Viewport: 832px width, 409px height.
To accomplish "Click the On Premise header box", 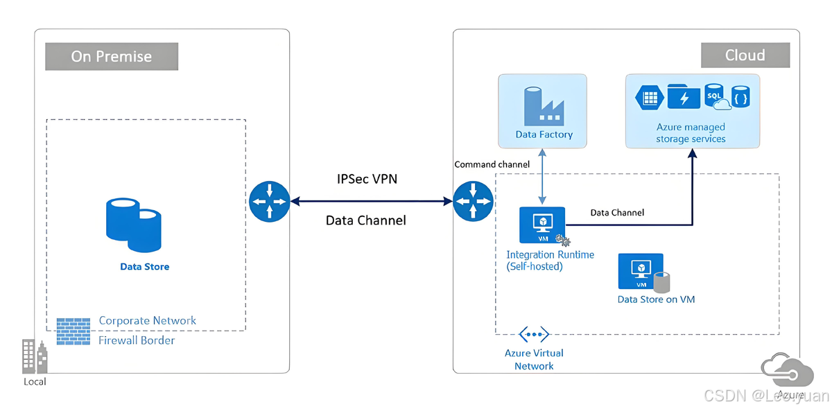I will tap(112, 56).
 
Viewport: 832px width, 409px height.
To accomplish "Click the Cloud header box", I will tap(745, 55).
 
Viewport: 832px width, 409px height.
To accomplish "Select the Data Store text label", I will tap(144, 266).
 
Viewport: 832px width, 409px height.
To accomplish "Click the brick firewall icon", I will tap(73, 331).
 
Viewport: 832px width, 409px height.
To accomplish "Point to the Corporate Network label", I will tap(147, 320).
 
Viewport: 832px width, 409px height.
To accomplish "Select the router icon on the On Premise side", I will tap(268, 202).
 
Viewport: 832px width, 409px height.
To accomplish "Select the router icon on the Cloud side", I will tap(473, 202).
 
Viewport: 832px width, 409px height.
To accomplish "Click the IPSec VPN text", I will tap(366, 179).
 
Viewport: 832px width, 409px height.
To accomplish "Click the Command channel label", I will tap(492, 164).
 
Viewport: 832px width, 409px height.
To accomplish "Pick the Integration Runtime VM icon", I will tap(542, 224).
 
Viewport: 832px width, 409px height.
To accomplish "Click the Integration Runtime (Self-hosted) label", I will tap(550, 260).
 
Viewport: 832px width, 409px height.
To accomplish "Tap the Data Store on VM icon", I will tap(642, 272).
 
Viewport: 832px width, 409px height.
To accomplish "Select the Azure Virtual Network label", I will tap(534, 359).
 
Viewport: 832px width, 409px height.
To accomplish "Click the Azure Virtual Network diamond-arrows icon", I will tap(534, 335).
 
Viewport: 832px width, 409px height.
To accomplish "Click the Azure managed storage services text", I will tap(691, 133).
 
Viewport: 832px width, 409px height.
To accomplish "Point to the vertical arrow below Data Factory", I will tap(542, 178).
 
